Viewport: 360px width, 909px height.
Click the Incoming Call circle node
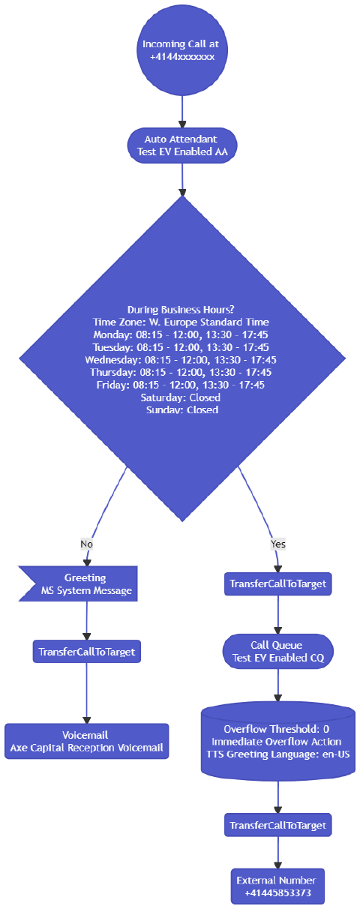pyautogui.click(x=181, y=50)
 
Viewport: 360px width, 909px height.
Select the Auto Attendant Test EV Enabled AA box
pyautogui.click(x=181, y=145)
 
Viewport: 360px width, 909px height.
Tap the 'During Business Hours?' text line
pyautogui.click(x=181, y=309)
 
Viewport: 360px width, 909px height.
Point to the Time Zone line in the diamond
pyautogui.click(x=181, y=322)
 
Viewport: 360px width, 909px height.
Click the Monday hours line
pyautogui.click(x=181, y=334)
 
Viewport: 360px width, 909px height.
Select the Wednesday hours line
pyautogui.click(x=181, y=360)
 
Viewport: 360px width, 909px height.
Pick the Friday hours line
pyautogui.click(x=181, y=385)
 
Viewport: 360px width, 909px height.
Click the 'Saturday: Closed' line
pyautogui.click(x=181, y=397)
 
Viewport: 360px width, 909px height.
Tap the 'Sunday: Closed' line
pyautogui.click(x=181, y=410)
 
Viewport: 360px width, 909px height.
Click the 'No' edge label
pyautogui.click(x=86, y=544)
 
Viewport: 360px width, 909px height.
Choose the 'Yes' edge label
pyautogui.click(x=277, y=544)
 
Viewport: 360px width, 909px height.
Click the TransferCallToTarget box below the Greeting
pyautogui.click(x=86, y=652)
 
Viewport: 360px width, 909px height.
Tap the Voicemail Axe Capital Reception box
pyautogui.click(x=86, y=742)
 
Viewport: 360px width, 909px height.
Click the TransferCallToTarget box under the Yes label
pyautogui.click(x=277, y=583)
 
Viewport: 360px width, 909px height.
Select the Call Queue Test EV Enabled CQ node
pyautogui.click(x=277, y=651)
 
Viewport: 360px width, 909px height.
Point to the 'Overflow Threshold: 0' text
pyautogui.click(x=277, y=729)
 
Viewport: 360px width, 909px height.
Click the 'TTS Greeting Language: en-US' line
pyautogui.click(x=277, y=754)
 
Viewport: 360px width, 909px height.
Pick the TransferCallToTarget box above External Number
pyautogui.click(x=277, y=825)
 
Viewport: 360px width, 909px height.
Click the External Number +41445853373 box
pyautogui.click(x=277, y=886)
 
